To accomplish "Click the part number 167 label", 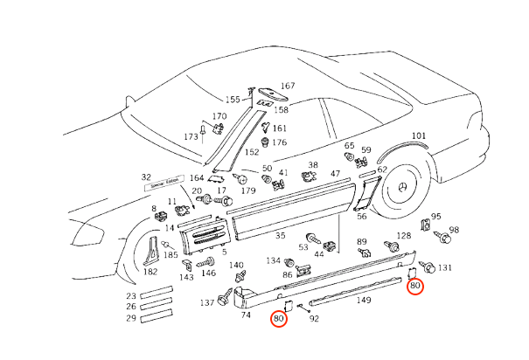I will click(288, 86).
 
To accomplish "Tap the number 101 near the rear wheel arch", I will click(419, 135).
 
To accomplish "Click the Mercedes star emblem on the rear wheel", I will click(403, 193).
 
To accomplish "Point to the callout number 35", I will click(280, 235).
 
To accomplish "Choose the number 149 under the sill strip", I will click(363, 301).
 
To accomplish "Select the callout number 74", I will click(246, 314).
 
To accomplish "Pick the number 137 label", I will click(205, 302).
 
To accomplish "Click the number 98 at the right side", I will click(454, 231).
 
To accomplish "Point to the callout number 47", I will click(334, 175).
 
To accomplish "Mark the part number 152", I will click(252, 152).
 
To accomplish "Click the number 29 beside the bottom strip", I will click(131, 319).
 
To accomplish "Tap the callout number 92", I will click(314, 319).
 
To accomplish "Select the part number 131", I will click(445, 267).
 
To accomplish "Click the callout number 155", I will click(233, 100).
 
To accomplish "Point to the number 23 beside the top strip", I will click(131, 295).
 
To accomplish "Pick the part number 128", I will click(403, 236).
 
